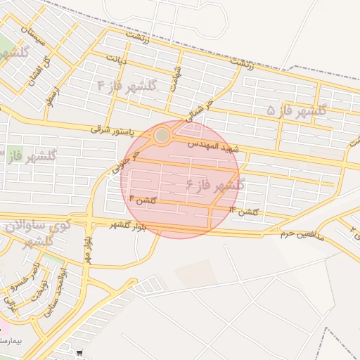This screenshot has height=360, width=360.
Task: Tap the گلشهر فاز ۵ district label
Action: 298,110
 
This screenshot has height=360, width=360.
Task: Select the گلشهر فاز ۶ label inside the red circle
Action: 215,185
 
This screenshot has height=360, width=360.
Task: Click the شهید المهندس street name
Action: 214,146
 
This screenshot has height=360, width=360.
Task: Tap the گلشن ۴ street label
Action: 141,201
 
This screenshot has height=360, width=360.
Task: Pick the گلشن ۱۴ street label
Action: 243,210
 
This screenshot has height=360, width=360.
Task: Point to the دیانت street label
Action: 116,58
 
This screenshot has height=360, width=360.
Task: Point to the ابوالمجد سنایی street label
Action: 56,288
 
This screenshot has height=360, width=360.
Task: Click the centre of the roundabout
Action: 162,134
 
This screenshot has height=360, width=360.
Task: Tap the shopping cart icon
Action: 82,353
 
